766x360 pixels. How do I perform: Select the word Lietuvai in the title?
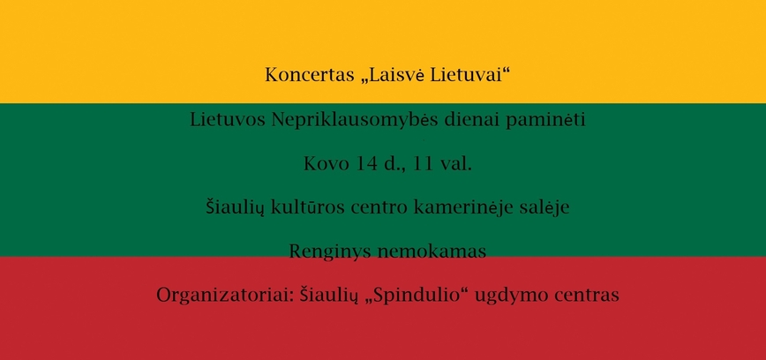[473, 75]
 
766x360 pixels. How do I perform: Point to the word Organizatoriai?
[216, 295]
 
